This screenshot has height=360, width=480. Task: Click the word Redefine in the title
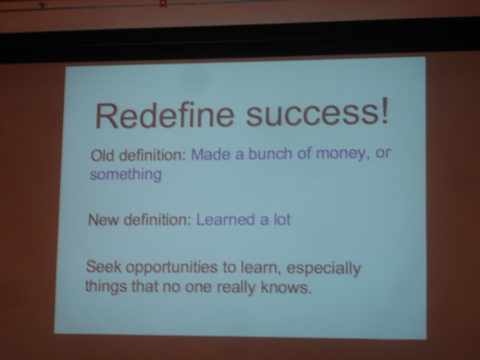[164, 115]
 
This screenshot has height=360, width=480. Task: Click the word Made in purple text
[211, 154]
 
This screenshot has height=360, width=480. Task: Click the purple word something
[125, 175]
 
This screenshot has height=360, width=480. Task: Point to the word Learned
[225, 220]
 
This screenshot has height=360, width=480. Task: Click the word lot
[282, 220]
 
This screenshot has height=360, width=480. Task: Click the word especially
[324, 269]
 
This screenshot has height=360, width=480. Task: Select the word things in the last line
[106, 286]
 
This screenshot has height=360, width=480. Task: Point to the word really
[236, 288]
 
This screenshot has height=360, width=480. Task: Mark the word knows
[286, 288]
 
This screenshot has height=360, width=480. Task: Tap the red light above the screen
[163, 3]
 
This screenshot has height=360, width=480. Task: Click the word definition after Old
[152, 155]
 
